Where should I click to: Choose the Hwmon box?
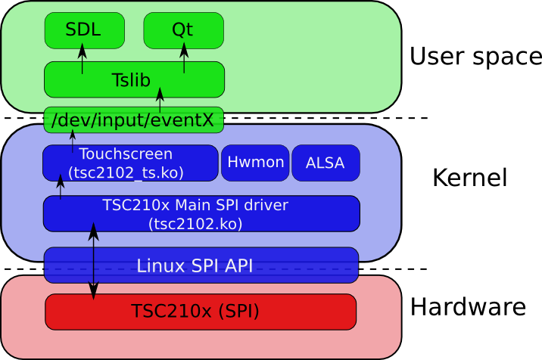(255, 163)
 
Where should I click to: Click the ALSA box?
(326, 163)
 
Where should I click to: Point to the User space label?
(475, 56)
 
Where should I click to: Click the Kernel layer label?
(469, 178)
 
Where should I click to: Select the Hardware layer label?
(468, 307)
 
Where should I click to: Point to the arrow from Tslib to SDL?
(83, 59)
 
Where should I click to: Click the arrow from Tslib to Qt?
(184, 59)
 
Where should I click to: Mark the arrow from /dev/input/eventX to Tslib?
(160, 100)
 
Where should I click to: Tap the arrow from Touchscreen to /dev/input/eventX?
(73, 139)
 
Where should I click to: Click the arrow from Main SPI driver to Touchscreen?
(61, 188)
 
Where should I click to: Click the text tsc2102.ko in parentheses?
(195, 223)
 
